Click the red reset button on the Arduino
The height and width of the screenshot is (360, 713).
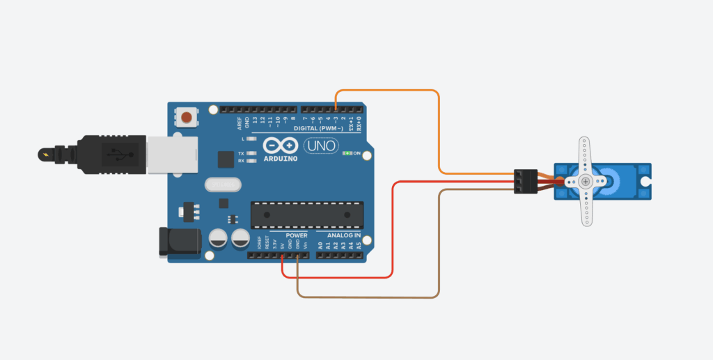click(186, 116)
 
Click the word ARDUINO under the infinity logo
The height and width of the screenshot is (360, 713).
click(281, 158)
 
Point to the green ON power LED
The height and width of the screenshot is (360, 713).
click(346, 153)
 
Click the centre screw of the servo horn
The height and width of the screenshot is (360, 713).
click(586, 181)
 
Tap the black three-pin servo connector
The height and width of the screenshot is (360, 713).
click(524, 181)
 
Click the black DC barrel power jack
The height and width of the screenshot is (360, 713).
click(179, 242)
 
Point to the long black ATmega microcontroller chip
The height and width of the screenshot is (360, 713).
click(307, 214)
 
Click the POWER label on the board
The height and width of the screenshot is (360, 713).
click(285, 236)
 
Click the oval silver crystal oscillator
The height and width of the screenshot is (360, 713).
click(222, 185)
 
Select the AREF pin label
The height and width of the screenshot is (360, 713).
click(240, 123)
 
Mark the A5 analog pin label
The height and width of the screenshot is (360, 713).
click(359, 245)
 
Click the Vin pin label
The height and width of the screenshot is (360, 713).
click(305, 245)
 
